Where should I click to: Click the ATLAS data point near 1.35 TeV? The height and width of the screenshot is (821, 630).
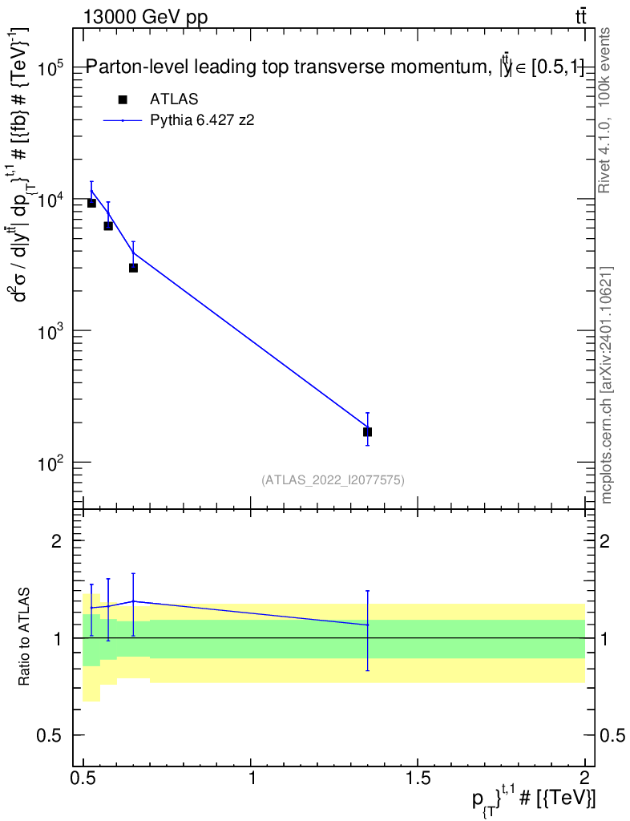click(x=367, y=432)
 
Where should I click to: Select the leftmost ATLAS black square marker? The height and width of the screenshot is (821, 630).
click(x=91, y=203)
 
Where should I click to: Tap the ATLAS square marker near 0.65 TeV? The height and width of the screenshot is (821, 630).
click(x=133, y=268)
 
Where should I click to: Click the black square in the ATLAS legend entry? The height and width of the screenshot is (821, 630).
click(x=123, y=99)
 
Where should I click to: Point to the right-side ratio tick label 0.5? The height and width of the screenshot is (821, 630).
click(x=614, y=736)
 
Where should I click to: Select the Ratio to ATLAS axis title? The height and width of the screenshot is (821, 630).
click(x=25, y=637)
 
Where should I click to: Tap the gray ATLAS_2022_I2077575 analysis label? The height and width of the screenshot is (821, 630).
click(x=333, y=480)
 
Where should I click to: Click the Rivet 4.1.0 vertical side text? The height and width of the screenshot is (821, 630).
click(x=605, y=111)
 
